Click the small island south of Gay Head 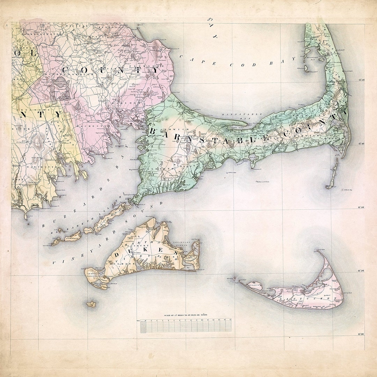tap(91, 304)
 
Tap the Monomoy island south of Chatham tap(333, 175)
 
